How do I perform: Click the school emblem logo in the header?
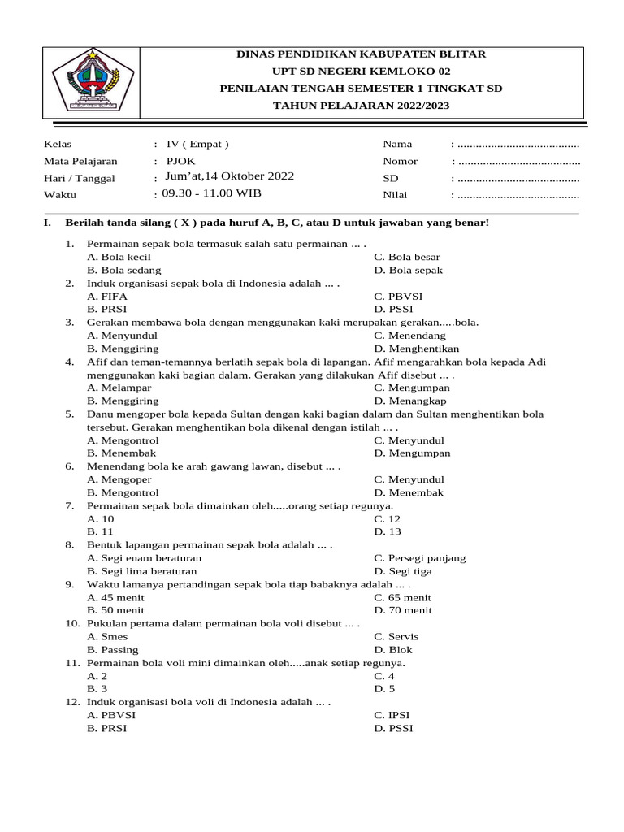[85, 80]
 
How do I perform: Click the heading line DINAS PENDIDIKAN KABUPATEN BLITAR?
[361, 54]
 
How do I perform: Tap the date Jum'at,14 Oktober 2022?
[230, 176]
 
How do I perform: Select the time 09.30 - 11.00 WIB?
[212, 193]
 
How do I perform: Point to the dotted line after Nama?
[518, 145]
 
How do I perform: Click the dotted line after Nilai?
[518, 196]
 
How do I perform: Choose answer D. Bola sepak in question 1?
[408, 270]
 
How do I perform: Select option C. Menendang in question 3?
[409, 335]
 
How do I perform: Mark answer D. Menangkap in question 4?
[411, 401]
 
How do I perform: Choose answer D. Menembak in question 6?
[409, 492]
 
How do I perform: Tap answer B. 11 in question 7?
[101, 531]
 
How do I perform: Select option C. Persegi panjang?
[420, 558]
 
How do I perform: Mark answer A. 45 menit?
[117, 597]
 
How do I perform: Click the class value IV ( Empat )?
[197, 144]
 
